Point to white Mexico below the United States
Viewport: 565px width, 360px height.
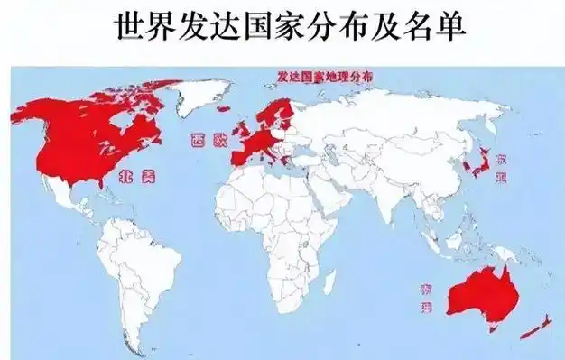(x=65, y=195)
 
